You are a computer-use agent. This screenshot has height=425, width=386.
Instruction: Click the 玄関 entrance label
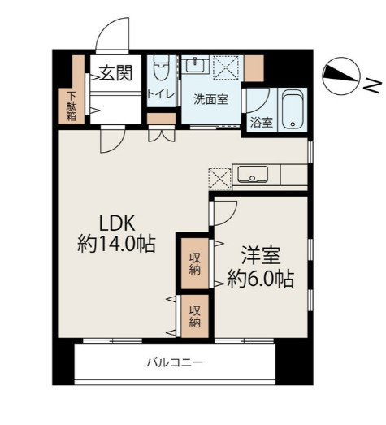[115, 73]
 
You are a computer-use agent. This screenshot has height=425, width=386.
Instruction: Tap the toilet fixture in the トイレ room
[162, 67]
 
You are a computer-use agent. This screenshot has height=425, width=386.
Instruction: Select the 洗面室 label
[210, 100]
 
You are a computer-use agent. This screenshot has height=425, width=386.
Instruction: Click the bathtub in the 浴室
[293, 109]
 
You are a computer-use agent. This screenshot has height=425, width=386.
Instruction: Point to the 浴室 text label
[262, 123]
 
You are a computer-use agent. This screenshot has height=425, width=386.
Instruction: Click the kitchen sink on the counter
[253, 175]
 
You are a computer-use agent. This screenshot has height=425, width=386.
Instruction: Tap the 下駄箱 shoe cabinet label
[72, 106]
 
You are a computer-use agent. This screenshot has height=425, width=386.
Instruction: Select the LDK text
[117, 223]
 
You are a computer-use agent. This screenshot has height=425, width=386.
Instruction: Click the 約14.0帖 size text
[116, 245]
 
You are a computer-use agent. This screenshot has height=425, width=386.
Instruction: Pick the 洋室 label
[261, 255]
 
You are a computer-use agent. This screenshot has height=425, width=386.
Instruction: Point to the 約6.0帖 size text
[261, 279]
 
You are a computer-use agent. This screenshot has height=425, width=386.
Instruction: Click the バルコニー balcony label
[175, 362]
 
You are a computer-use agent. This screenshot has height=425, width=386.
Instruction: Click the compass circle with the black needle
[341, 76]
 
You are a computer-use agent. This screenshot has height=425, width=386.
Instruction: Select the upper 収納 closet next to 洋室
[195, 263]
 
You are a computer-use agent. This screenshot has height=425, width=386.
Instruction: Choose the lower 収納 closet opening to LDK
[195, 316]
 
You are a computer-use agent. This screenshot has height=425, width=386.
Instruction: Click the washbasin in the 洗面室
[195, 65]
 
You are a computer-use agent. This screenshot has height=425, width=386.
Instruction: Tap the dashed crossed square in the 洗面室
[226, 67]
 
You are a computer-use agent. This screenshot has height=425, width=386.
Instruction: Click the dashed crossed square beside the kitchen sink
[220, 179]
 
